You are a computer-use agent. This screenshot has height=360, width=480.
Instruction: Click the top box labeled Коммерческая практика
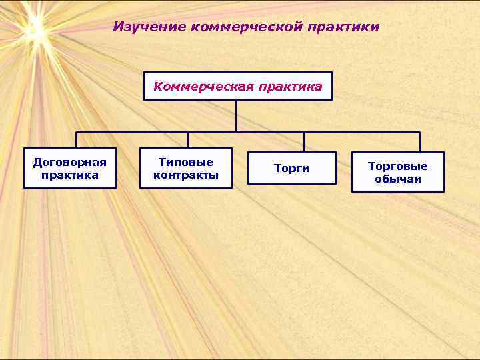point(238,86)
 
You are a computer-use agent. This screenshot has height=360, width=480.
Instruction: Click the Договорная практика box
point(70,169)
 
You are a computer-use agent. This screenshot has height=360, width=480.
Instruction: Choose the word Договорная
point(70,163)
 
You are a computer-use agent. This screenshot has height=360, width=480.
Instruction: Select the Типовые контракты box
point(186,168)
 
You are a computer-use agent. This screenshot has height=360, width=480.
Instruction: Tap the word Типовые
point(186,162)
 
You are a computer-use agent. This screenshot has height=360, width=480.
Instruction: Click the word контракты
point(186,175)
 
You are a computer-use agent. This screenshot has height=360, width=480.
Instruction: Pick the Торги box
point(291,169)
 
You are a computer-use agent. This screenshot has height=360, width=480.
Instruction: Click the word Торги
point(291,169)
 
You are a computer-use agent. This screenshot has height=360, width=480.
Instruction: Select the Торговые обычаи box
point(398,172)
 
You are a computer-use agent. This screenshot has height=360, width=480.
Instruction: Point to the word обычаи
point(398,179)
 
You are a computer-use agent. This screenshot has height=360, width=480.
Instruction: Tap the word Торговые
point(398,166)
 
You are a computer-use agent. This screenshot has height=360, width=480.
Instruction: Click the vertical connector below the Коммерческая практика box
point(236,115)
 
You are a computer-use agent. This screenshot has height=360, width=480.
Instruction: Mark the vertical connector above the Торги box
point(304,142)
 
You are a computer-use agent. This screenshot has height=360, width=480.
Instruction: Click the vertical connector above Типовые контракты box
point(188,139)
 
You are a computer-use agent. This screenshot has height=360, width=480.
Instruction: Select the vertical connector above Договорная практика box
point(76,139)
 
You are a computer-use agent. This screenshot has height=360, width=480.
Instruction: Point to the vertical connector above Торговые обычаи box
point(420,142)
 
